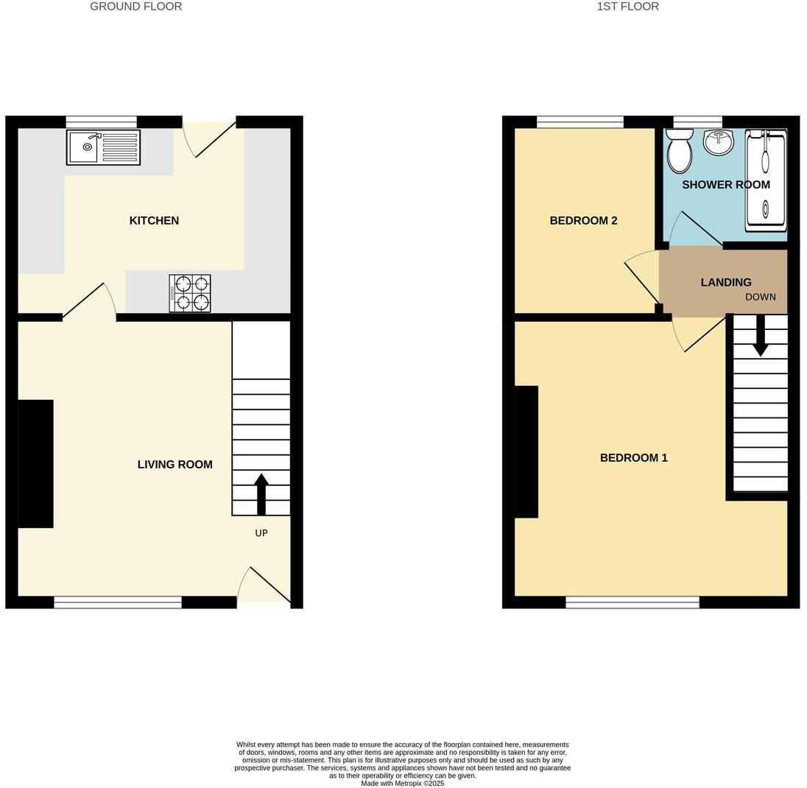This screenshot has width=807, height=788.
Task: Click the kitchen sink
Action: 103,147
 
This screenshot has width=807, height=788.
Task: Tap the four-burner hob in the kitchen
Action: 190,293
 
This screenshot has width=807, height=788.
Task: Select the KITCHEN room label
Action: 154,221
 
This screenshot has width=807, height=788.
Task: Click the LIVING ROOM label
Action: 175,465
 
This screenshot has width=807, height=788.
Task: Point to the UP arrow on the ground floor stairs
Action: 261,493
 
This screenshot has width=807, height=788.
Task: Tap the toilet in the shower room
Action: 679,151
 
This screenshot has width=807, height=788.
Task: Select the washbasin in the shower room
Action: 718,141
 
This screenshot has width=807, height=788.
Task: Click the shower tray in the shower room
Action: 766,180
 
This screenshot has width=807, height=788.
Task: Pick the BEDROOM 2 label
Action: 583,221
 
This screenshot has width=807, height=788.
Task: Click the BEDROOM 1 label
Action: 633,458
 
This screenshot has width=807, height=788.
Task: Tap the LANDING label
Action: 726,283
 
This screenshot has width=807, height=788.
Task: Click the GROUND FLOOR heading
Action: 135,7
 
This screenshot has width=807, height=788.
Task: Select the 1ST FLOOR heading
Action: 627,7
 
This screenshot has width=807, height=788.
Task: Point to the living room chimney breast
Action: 35,464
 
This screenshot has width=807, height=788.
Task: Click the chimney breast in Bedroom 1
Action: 526,451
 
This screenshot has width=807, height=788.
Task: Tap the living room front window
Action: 118,602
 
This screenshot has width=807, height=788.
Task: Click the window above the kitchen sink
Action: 102,122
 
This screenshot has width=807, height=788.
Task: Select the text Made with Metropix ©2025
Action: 402,784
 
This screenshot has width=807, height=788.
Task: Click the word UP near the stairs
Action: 261,533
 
